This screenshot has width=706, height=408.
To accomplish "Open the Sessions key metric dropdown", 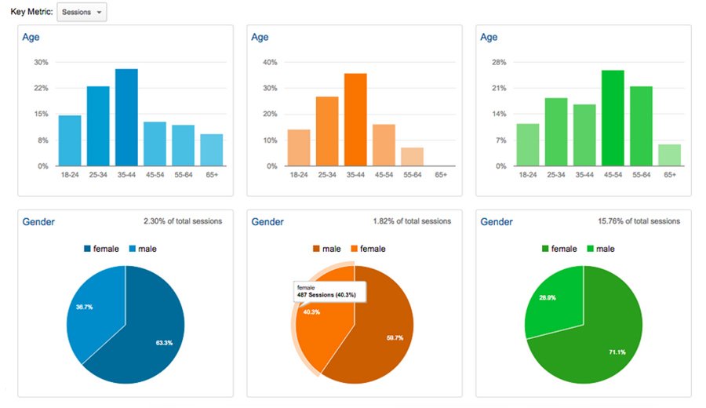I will tap(82, 13).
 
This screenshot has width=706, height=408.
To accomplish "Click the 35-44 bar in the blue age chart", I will tap(126, 118).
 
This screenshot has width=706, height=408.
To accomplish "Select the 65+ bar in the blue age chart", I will tap(211, 150).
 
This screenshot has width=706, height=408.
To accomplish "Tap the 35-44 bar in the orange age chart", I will tap(355, 119).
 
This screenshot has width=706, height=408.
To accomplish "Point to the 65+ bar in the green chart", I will tap(669, 155).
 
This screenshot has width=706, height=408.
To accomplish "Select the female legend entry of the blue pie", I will tap(101, 249).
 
